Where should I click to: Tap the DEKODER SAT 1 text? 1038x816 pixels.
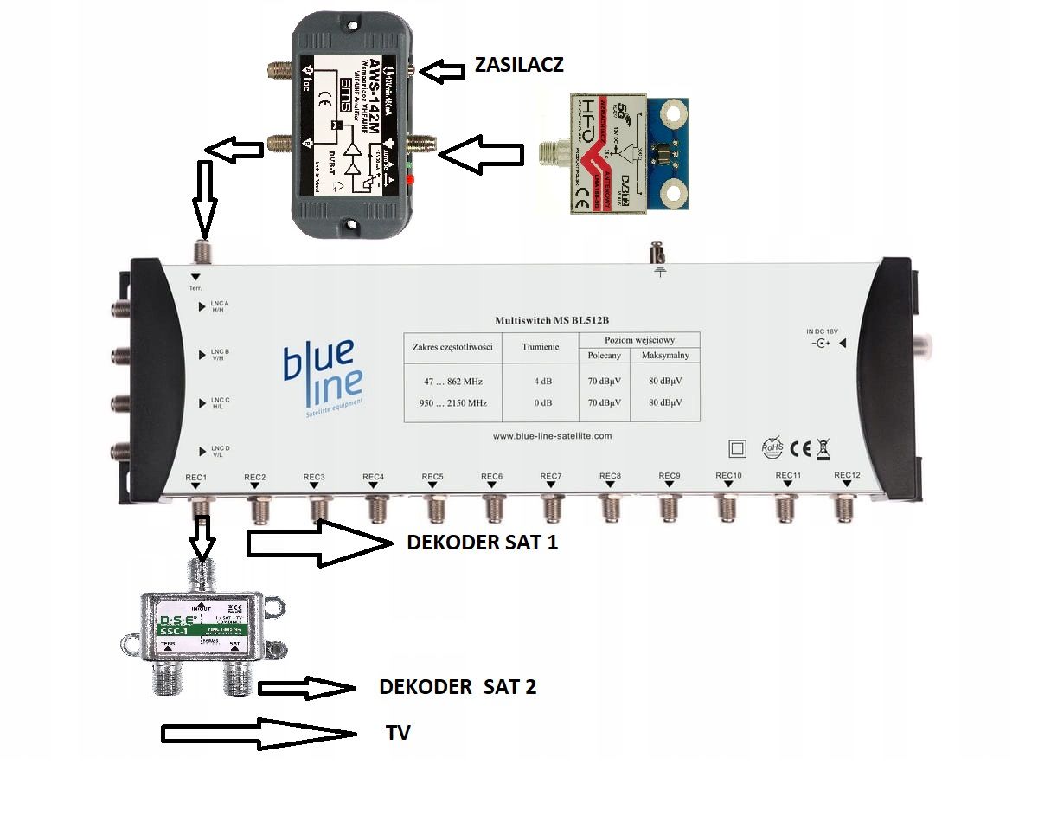pyautogui.click(x=482, y=543)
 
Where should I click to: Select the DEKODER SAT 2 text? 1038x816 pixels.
pyautogui.click(x=458, y=687)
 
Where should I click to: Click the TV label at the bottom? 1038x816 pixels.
pyautogui.click(x=398, y=734)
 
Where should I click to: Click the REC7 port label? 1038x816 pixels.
pyautogui.click(x=551, y=477)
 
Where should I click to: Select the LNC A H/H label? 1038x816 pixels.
pyautogui.click(x=220, y=307)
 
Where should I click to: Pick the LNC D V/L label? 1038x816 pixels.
pyautogui.click(x=220, y=451)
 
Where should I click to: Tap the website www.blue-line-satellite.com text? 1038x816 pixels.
pyautogui.click(x=552, y=436)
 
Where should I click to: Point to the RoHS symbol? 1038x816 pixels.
pyautogui.click(x=771, y=447)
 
